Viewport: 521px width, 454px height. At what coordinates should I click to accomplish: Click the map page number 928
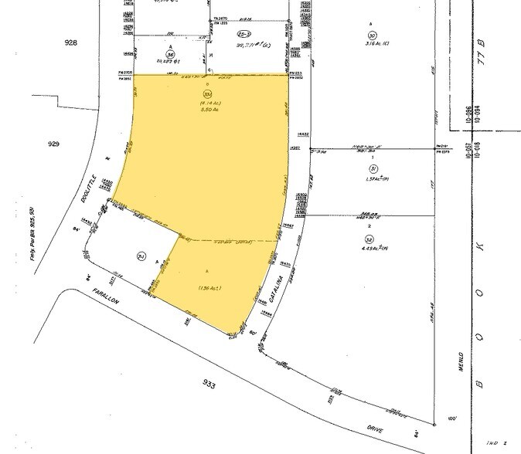coord(72,42)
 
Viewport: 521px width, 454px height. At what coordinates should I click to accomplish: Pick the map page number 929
coord(74,144)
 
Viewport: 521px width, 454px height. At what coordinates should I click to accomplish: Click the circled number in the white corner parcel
coord(141,256)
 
